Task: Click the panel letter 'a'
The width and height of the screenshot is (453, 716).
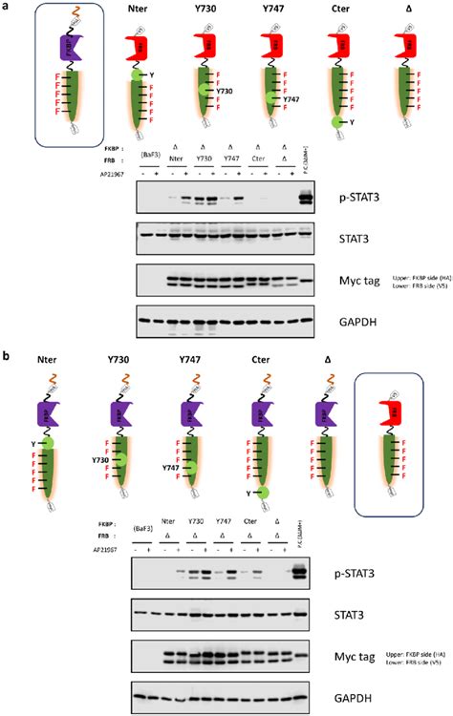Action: [x=6, y=7]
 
